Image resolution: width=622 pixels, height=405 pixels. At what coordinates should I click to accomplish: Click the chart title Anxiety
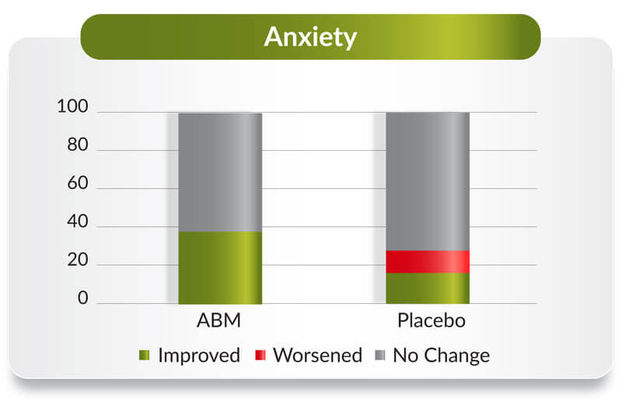[310, 37]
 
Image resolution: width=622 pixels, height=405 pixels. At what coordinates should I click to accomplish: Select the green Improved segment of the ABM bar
[220, 267]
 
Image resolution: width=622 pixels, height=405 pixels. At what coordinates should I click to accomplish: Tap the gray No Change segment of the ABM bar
[220, 173]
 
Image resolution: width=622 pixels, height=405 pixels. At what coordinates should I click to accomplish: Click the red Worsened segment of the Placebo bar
[428, 262]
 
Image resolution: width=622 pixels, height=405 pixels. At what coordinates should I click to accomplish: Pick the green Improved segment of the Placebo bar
[428, 288]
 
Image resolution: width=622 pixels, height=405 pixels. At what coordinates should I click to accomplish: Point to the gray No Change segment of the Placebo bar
[428, 182]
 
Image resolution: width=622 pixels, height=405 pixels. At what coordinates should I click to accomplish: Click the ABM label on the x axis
[219, 320]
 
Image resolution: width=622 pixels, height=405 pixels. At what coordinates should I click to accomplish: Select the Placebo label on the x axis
[432, 320]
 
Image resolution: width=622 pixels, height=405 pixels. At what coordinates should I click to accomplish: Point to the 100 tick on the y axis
[72, 106]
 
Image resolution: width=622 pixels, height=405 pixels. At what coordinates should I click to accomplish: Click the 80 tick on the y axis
[78, 145]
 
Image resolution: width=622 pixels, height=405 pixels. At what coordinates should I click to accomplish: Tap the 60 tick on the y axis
[78, 183]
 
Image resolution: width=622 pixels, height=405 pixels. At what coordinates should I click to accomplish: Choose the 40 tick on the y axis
[78, 222]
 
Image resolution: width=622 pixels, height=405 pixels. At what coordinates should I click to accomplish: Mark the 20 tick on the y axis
[78, 260]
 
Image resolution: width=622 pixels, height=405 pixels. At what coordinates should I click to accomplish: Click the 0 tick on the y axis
[83, 298]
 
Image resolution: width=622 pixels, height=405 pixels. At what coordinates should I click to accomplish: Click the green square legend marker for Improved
[145, 355]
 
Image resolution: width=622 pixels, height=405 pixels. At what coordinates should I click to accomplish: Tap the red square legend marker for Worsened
[260, 355]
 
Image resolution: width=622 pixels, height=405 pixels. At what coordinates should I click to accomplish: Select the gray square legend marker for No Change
[380, 355]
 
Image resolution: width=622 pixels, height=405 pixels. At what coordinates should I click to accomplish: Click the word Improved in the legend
[199, 355]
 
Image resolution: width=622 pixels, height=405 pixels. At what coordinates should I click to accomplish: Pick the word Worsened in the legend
[318, 355]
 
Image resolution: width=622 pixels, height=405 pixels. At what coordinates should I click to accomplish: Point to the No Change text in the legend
[441, 356]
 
